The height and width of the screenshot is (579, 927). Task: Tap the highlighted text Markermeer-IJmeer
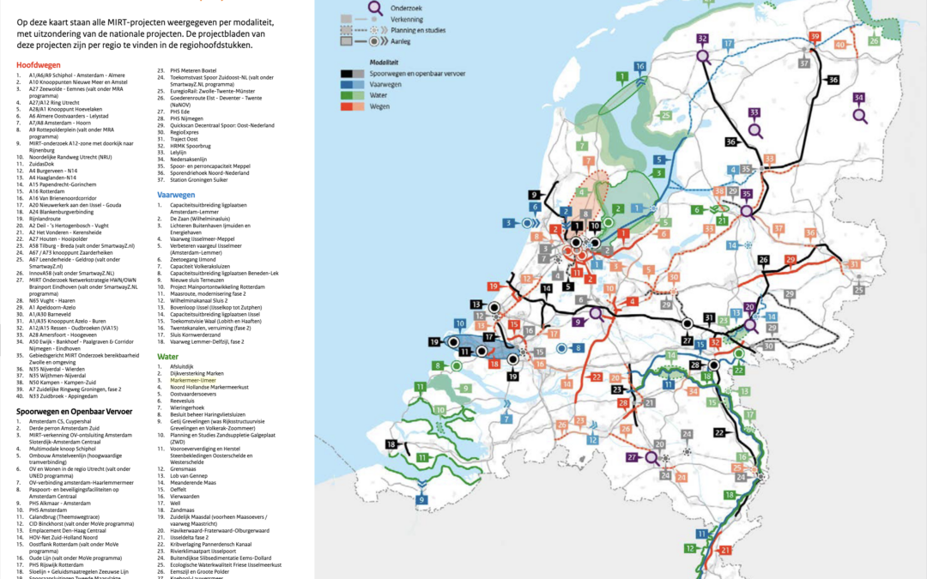pyautogui.click(x=195, y=380)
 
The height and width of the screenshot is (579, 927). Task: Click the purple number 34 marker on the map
pyautogui.click(x=859, y=98)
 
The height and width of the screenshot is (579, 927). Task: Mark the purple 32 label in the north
pyautogui.click(x=703, y=39)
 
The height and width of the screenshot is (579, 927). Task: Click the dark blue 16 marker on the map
pyautogui.click(x=639, y=66)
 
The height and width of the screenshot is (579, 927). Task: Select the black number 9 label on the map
pyautogui.click(x=533, y=195)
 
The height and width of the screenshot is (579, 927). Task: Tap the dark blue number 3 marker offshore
pyautogui.click(x=507, y=223)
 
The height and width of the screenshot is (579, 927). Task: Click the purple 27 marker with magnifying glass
pyautogui.click(x=631, y=458)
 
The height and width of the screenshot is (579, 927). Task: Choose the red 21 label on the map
pyautogui.click(x=725, y=550)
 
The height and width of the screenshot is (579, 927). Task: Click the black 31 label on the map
pyautogui.click(x=709, y=317)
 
